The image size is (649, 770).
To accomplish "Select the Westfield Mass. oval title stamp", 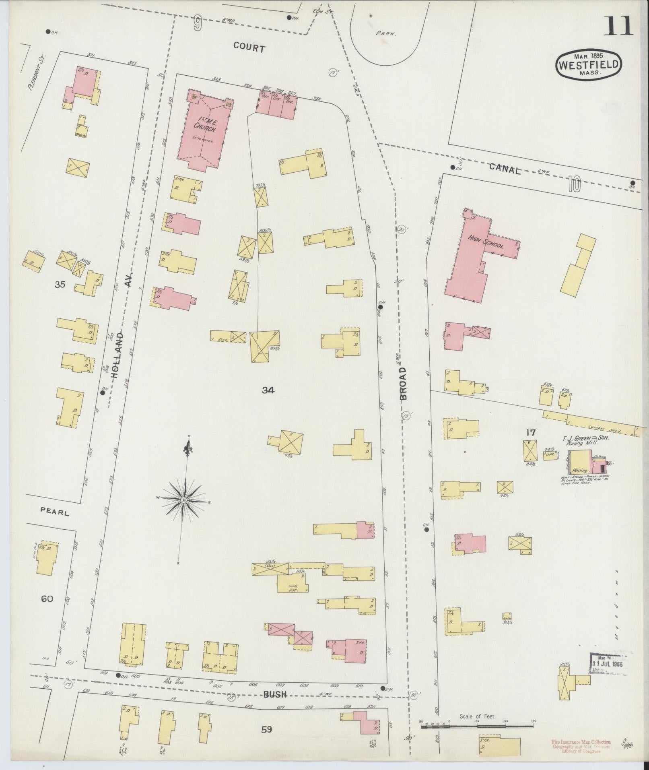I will [x=589, y=65].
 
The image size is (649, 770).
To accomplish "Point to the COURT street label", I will [x=249, y=49].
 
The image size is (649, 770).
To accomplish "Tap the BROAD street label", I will [x=403, y=383].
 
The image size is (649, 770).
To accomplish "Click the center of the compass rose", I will [x=183, y=500].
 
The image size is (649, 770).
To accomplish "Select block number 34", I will [x=268, y=390].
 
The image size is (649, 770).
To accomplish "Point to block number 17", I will [x=530, y=433].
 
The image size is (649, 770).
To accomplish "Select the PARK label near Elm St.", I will [x=386, y=34].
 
